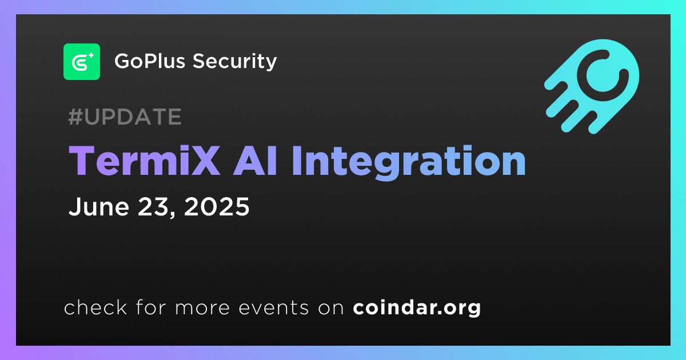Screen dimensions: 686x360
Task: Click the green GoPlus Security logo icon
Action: pyautogui.click(x=82, y=62)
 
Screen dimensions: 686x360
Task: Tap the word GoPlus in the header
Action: pyautogui.click(x=150, y=61)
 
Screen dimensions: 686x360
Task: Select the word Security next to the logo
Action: pyautogui.click(x=234, y=62)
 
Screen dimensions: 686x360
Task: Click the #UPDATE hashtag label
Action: pyautogui.click(x=125, y=117)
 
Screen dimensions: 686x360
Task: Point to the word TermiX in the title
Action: pyautogui.click(x=144, y=161)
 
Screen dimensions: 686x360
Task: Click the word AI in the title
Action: pyautogui.click(x=255, y=161)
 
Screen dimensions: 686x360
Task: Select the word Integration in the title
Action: pyautogui.click(x=409, y=162)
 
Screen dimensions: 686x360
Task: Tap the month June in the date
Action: pyautogui.click(x=99, y=207)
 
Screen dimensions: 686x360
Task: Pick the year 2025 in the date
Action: pyautogui.click(x=217, y=207)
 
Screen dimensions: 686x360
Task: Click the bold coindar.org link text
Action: pyautogui.click(x=417, y=308)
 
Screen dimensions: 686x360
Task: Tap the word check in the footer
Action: pyautogui.click(x=95, y=307)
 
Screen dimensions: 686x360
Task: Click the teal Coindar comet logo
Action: pyautogui.click(x=592, y=86)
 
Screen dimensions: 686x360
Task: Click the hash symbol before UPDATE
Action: pyautogui.click(x=75, y=117)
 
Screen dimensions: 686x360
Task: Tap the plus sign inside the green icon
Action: pyautogui.click(x=91, y=55)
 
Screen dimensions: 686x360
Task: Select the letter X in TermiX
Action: pyautogui.click(x=205, y=161)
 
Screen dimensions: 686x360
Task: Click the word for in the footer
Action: pyautogui.click(x=151, y=307)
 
